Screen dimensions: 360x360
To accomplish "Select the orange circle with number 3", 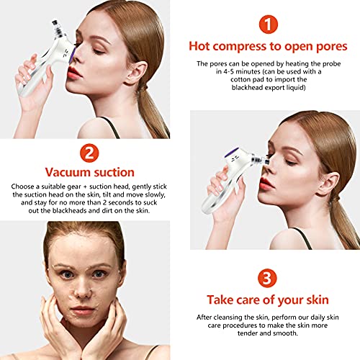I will coord(268,276).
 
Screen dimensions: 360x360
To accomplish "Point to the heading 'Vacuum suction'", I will coord(90,173).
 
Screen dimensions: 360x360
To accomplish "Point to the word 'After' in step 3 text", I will coord(207,318).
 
